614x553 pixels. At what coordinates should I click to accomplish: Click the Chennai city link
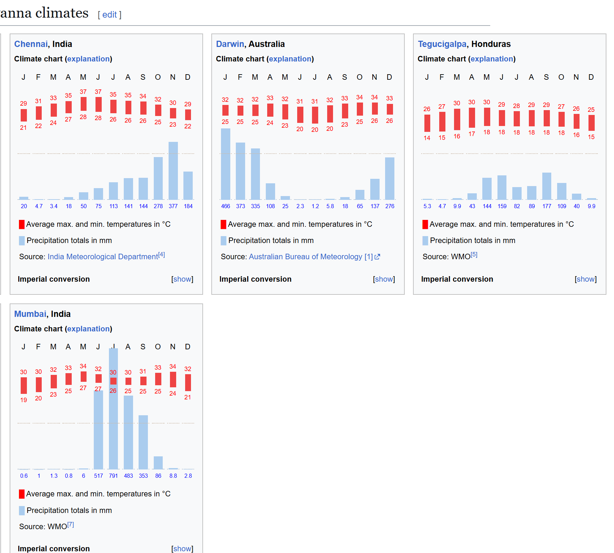pyautogui.click(x=31, y=44)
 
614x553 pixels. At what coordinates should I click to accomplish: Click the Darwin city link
pyautogui.click(x=230, y=44)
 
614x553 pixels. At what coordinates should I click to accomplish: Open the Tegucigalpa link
pyautogui.click(x=442, y=44)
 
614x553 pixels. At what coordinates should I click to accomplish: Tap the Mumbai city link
pyautogui.click(x=30, y=314)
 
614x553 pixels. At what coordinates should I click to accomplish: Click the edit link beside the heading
pyautogui.click(x=110, y=15)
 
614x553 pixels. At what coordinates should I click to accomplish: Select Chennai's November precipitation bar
pyautogui.click(x=173, y=171)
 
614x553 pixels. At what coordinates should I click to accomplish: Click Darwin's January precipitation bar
pyautogui.click(x=225, y=164)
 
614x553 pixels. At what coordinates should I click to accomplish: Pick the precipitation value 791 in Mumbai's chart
pyautogui.click(x=113, y=476)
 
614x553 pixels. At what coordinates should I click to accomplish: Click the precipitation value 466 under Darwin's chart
pyautogui.click(x=225, y=206)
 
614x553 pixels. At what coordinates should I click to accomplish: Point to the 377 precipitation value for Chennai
pyautogui.click(x=173, y=206)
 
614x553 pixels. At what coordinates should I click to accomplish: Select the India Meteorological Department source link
pyautogui.click(x=103, y=257)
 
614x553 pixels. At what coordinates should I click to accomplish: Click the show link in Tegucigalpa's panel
pyautogui.click(x=585, y=279)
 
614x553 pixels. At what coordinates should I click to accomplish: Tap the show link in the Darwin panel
pyautogui.click(x=384, y=279)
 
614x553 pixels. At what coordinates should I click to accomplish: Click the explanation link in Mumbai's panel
pyautogui.click(x=89, y=329)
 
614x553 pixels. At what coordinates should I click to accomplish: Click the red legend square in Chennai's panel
pyautogui.click(x=22, y=225)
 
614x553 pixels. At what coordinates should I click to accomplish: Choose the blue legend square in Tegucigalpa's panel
pyautogui.click(x=425, y=241)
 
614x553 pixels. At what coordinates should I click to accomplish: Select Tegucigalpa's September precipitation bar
pyautogui.click(x=546, y=186)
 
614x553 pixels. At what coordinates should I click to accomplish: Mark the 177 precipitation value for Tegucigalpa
pyautogui.click(x=546, y=206)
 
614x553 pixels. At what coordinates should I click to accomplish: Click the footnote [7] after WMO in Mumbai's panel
pyautogui.click(x=71, y=525)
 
